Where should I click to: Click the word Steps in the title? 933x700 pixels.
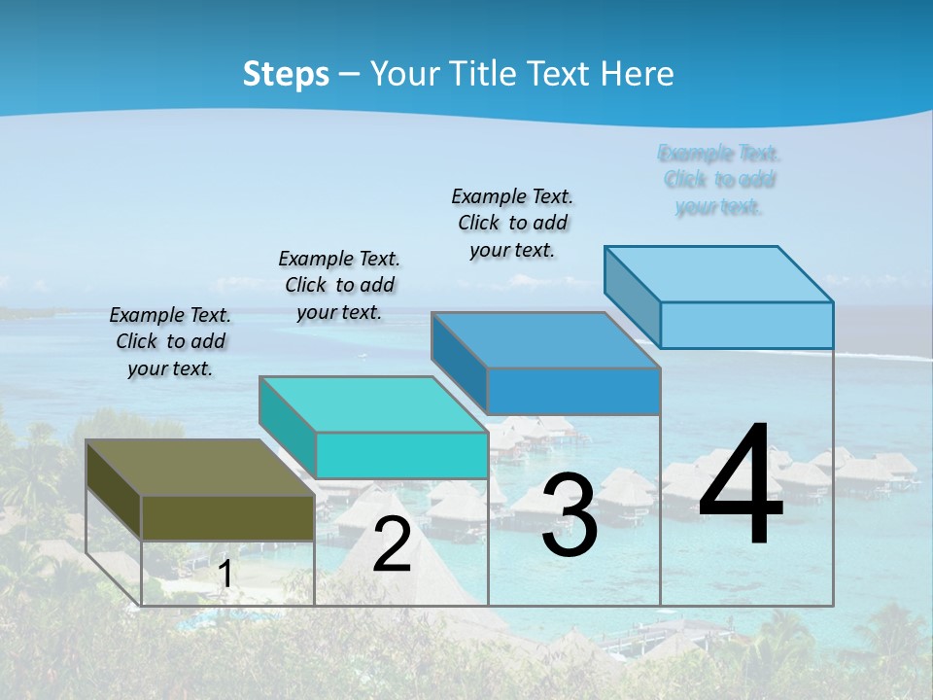coord(286,74)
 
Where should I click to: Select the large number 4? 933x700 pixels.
coord(741,486)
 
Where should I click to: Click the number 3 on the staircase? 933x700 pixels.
coord(570,516)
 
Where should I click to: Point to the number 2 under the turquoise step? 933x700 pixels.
coord(392,544)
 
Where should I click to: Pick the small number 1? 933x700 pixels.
coord(225,575)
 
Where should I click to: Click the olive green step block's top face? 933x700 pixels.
coord(199,468)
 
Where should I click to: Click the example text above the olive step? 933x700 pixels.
coord(170,341)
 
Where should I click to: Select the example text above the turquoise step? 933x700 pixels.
coord(339,285)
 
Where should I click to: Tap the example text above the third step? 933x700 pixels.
coord(512,223)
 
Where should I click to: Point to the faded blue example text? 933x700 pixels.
coord(719,180)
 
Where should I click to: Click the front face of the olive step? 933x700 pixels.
coord(227,517)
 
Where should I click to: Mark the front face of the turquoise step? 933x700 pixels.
coord(401,455)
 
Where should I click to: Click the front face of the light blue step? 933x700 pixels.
coord(746,325)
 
